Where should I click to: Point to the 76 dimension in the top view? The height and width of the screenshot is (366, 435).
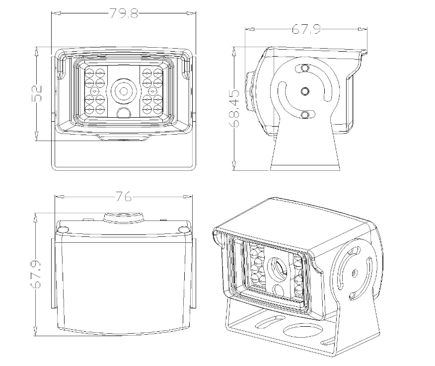click(124, 197)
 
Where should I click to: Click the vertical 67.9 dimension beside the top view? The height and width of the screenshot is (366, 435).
click(36, 274)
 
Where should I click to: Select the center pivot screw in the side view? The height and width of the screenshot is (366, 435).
click(304, 90)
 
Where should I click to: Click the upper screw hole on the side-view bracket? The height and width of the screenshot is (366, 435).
click(304, 68)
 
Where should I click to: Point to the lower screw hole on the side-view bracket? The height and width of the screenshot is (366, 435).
click(305, 115)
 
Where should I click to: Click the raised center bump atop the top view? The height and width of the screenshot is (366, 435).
click(124, 217)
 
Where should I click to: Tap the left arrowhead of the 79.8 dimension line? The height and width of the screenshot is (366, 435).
click(54, 13)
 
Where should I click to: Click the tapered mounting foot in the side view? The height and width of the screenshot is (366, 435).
click(305, 151)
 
